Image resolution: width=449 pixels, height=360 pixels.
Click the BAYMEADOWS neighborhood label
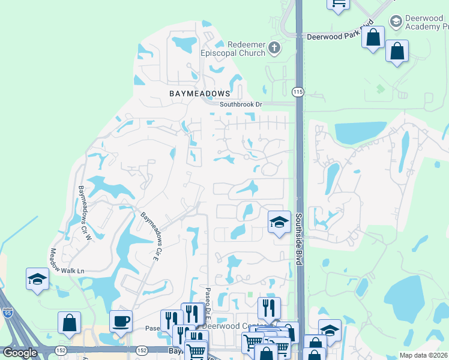coord(191,94)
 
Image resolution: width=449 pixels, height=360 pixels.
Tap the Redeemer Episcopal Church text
coord(246,49)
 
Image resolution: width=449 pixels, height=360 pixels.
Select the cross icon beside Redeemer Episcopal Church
coord(274,48)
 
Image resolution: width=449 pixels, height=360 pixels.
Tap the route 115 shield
coord(298,92)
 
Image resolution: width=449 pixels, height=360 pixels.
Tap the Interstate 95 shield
coord(7,312)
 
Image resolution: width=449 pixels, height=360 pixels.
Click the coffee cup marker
coord(121,321)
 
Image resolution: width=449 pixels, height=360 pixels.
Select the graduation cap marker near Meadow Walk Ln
coord(37,279)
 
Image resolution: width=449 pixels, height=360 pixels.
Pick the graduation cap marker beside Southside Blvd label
coord(279,222)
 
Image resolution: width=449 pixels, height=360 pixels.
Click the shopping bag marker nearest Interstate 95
coord(70,323)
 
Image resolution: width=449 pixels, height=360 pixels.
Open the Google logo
coord(20,353)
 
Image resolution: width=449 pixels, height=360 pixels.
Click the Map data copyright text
coord(423,355)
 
